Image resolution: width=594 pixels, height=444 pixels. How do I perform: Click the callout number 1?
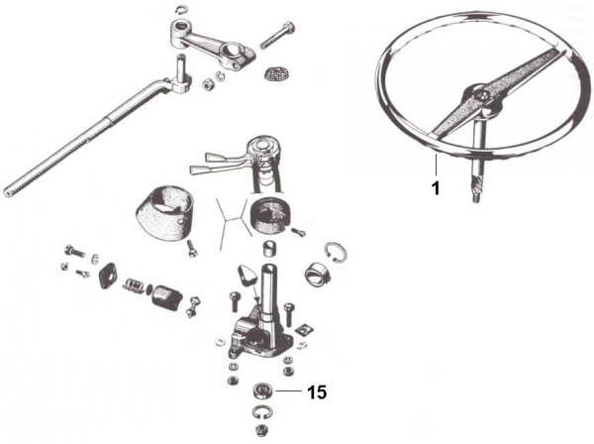tap(436, 188)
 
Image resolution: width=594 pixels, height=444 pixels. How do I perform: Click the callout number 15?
tap(317, 392)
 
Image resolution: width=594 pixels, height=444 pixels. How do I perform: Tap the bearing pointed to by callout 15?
tap(261, 390)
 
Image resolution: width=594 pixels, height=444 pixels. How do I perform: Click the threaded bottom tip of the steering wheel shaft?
tap(477, 198)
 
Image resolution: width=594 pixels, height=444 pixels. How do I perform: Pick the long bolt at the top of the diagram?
tap(277, 35)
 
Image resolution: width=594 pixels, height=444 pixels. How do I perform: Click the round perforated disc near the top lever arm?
tap(276, 73)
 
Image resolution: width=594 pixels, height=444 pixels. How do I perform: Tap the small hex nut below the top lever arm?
tap(207, 84)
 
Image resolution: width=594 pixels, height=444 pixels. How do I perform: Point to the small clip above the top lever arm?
tap(182, 9)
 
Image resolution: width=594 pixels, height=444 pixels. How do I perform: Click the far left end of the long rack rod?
tap(8, 192)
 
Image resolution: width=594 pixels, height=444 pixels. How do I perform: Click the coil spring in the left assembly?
tap(134, 286)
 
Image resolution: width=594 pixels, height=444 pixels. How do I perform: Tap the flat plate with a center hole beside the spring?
tap(107, 276)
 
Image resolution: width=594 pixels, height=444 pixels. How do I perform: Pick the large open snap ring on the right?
tap(336, 252)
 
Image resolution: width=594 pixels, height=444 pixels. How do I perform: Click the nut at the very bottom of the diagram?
tap(261, 430)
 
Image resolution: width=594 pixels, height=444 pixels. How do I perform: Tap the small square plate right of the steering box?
tap(305, 329)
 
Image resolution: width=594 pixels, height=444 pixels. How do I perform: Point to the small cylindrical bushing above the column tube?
tap(268, 249)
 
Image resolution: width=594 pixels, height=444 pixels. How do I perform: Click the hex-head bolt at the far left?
tap(75, 251)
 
